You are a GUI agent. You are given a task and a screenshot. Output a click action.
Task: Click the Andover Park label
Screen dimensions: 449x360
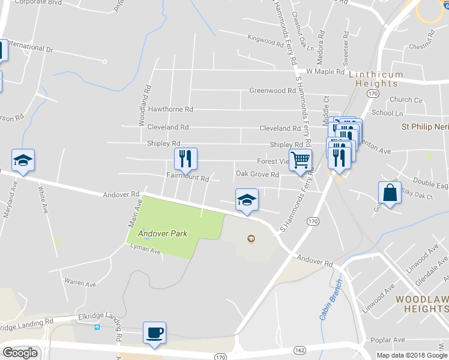162,233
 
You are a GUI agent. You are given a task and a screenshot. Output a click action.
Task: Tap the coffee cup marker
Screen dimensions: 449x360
154,332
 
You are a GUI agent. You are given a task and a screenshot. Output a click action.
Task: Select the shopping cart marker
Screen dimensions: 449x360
301,160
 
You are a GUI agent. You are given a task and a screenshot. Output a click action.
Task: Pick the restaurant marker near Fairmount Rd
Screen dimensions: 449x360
185,159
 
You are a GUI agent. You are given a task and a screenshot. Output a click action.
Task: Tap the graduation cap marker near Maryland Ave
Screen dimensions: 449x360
23,160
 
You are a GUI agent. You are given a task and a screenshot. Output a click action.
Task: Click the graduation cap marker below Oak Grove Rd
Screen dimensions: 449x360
247,200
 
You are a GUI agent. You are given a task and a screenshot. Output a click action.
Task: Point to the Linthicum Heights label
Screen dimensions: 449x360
376,79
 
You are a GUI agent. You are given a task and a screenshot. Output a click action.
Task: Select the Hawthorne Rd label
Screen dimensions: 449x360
170,110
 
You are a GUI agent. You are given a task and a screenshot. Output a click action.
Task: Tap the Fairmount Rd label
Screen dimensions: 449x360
187,178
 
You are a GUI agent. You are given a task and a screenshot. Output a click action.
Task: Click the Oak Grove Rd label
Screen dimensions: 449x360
258,175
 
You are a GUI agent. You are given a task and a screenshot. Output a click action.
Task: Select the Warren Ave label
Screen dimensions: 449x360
80,283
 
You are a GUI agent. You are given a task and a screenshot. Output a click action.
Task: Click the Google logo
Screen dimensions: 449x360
20,353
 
